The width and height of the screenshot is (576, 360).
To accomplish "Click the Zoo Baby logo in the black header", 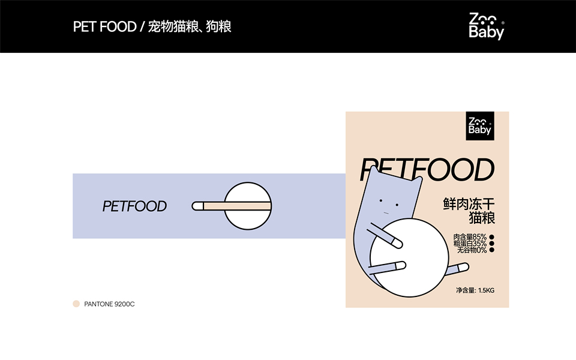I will point(487,26).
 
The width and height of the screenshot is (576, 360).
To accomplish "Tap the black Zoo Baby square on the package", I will point(480,125).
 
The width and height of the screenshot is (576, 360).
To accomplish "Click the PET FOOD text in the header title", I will point(104,27).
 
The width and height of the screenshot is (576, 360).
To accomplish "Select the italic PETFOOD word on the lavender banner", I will point(134,206).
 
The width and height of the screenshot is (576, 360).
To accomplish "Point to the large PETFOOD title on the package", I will point(427,170).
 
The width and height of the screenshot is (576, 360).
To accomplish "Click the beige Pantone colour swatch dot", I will point(76,304).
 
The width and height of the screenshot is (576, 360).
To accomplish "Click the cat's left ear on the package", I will point(376,173).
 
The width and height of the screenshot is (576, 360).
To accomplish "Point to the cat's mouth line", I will point(387,212).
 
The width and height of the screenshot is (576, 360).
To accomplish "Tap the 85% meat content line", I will point(470,237).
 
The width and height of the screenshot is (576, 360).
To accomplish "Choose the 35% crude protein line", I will point(470,244).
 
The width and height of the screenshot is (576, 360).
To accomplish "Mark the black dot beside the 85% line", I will point(492,237).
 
